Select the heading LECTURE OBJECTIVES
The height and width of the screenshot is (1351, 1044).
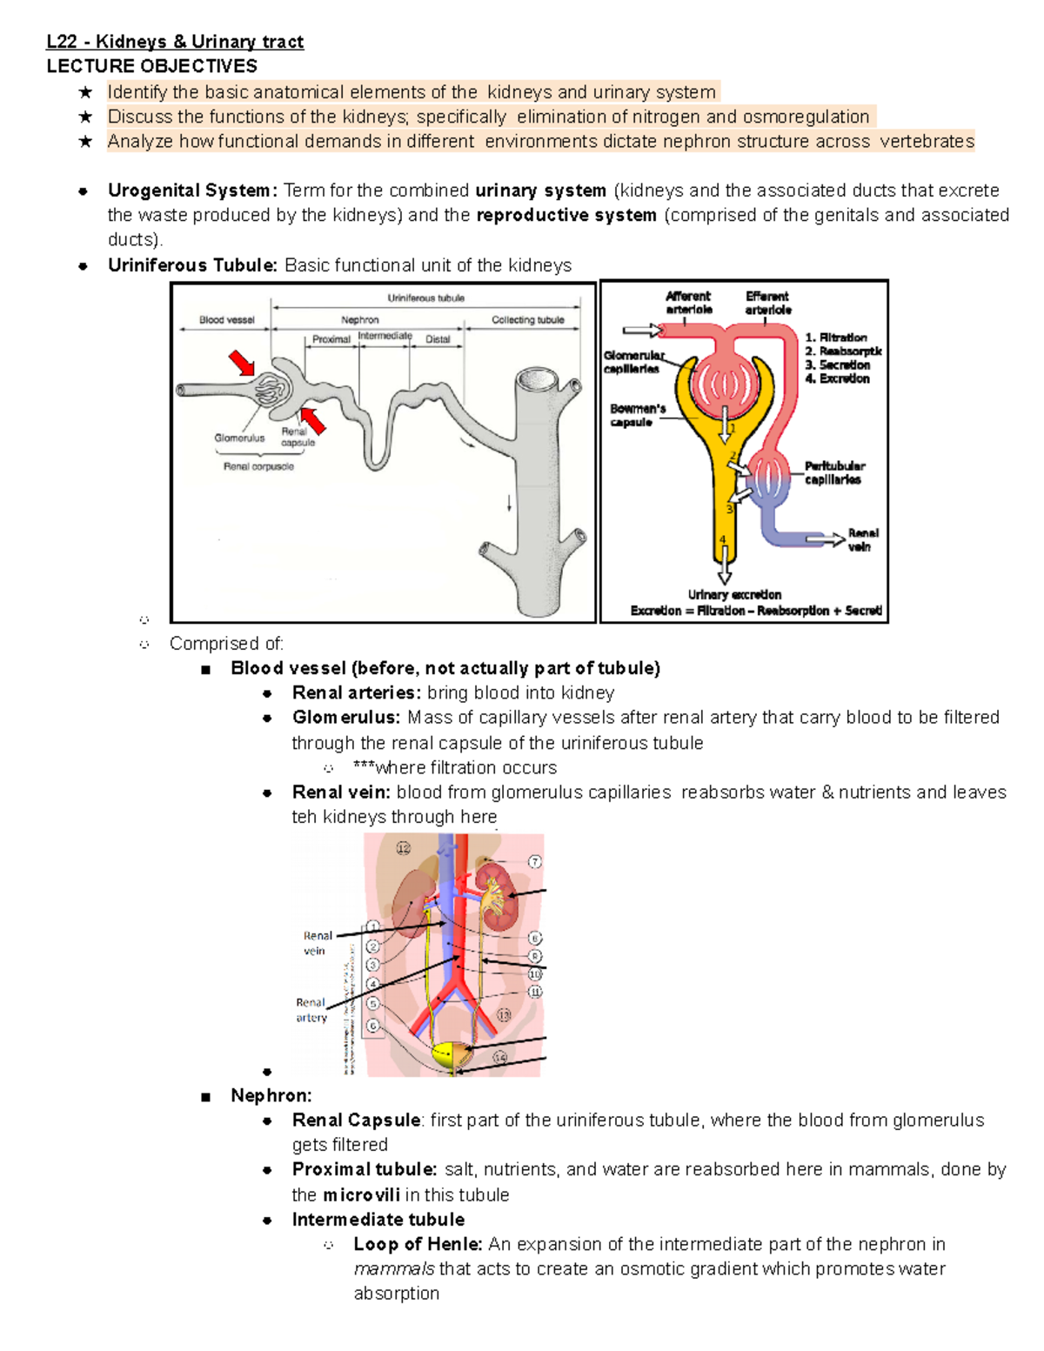pos(151,66)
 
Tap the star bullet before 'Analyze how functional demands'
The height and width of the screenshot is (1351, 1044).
pos(84,141)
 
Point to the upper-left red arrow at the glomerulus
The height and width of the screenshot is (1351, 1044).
pos(242,362)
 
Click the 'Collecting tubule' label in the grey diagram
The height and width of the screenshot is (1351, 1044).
pos(527,320)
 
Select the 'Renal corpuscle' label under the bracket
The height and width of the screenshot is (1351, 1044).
pos(258,466)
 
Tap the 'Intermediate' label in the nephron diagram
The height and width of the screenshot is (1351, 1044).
pos(385,336)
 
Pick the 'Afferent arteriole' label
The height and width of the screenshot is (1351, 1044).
pos(688,303)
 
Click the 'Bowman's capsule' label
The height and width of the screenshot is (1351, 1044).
pos(637,415)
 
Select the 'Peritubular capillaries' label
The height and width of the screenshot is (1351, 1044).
pos(833,472)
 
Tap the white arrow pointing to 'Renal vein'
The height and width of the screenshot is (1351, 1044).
pos(824,540)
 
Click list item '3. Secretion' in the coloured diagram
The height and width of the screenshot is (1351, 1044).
pos(837,365)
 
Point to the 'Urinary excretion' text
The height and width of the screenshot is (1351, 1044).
pos(734,595)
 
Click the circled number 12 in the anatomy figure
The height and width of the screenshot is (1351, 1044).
pos(403,848)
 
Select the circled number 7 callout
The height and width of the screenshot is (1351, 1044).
pos(534,861)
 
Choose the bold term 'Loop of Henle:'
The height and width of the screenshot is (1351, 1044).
pos(418,1244)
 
